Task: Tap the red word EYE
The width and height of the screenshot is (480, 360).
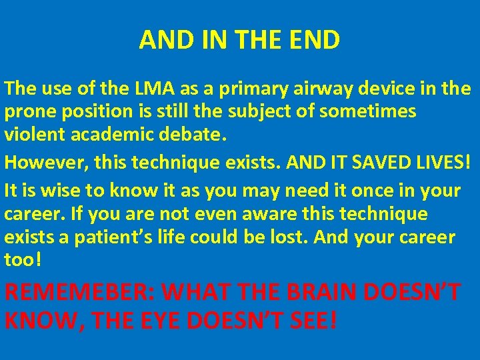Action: (161, 321)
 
